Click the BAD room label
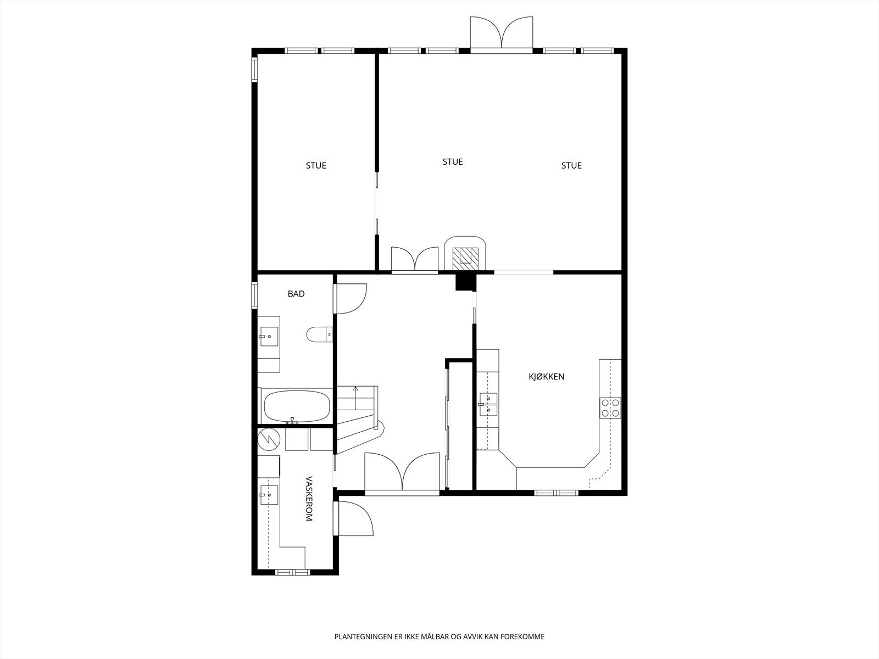click(296, 294)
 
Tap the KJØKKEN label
click(547, 377)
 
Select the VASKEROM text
click(308, 498)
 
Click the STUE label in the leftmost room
click(316, 165)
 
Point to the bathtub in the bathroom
click(297, 406)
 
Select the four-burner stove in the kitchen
click(610, 407)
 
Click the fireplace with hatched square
click(465, 256)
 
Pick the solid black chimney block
click(465, 282)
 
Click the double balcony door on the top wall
click(502, 34)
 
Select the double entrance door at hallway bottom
click(402, 472)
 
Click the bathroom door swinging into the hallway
click(351, 298)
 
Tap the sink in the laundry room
click(269, 495)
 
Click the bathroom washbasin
click(269, 336)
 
